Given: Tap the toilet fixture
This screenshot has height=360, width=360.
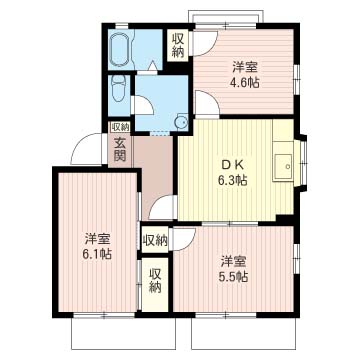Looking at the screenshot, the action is (118, 88).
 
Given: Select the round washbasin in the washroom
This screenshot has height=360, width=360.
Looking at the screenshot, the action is (182, 122).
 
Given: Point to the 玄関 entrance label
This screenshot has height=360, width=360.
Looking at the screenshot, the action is (120, 150).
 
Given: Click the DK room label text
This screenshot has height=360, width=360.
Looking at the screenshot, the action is (233, 166).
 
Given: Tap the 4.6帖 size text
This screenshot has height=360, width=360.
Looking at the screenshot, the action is (244, 83).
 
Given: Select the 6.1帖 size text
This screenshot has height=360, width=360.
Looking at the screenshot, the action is (97, 254).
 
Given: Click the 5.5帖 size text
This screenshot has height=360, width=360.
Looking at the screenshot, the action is (233, 276).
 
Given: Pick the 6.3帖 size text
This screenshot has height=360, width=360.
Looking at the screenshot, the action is (233, 180).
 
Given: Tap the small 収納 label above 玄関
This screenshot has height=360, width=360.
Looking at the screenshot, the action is (120, 126).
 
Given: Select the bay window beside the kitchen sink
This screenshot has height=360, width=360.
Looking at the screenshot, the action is (303, 162).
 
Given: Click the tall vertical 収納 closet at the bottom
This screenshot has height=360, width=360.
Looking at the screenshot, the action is (155, 285).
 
